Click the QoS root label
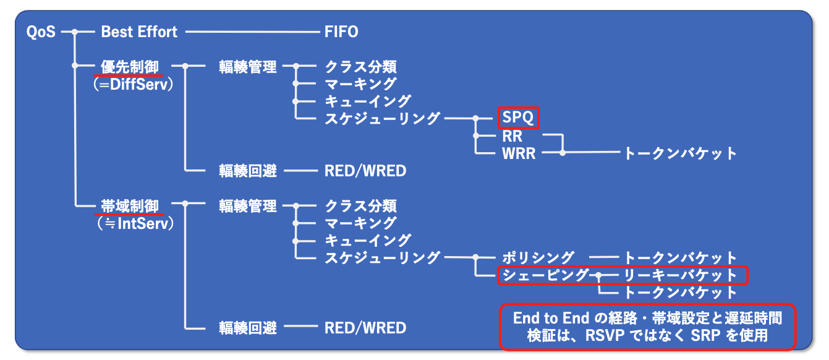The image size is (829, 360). [x=41, y=32]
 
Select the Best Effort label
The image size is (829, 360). [x=139, y=32]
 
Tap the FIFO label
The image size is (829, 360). [x=341, y=32]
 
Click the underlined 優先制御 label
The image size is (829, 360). [x=130, y=66]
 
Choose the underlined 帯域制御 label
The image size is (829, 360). [x=130, y=206]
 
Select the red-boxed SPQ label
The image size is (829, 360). [x=518, y=118]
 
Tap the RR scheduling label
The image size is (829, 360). [x=512, y=135]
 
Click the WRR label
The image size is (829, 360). [x=519, y=153]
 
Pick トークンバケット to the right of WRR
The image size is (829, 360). [x=680, y=153]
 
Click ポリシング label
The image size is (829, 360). [x=538, y=257]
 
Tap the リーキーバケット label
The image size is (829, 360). [x=680, y=275]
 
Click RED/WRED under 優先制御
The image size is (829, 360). [x=365, y=171]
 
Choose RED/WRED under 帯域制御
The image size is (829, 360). [x=365, y=327]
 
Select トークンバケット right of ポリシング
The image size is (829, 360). [x=680, y=257]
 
